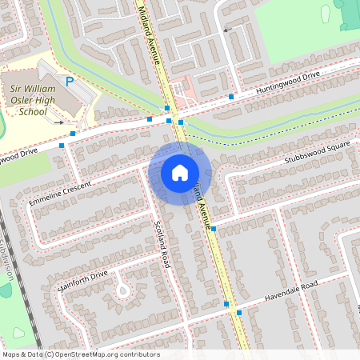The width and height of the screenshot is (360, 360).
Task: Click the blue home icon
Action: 180,172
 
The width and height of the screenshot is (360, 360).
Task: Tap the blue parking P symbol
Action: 70,81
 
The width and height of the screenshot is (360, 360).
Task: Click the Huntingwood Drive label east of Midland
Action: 287,83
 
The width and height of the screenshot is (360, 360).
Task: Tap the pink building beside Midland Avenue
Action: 185,89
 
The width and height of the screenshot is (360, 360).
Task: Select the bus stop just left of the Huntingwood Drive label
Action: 231,97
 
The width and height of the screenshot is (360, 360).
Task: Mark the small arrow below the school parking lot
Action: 59,122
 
